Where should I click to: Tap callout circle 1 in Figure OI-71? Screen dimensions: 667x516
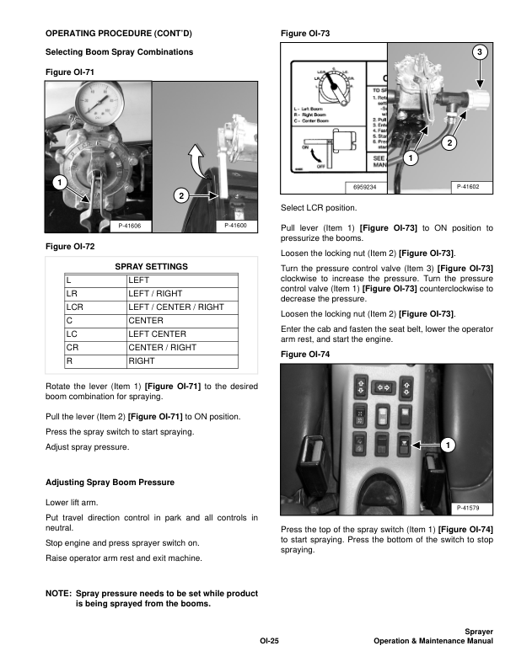coord(56,183)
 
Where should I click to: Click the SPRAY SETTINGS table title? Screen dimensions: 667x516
coord(151,267)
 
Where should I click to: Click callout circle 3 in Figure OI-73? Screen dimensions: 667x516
coord(480,53)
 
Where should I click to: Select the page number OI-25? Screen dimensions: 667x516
coord(269,643)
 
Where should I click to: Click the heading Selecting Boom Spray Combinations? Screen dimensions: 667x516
coord(119,52)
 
